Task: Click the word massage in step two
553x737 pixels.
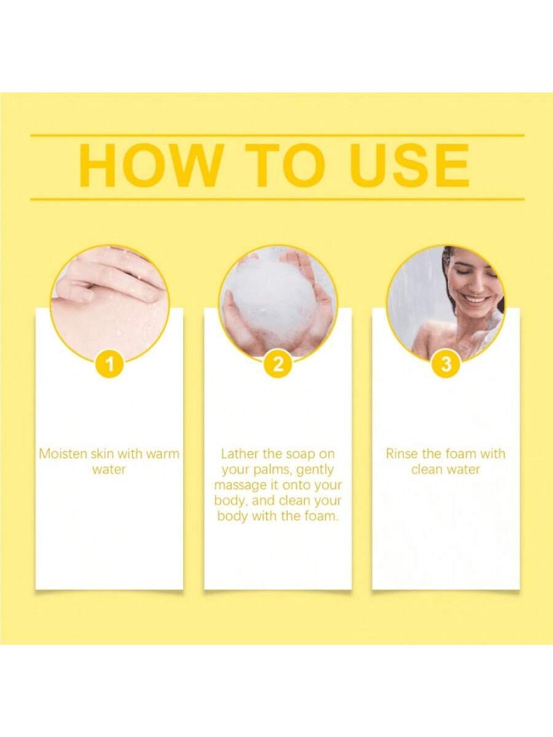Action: coord(240,486)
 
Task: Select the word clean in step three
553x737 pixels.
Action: coord(427,469)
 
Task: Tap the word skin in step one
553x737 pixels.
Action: coord(102,454)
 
